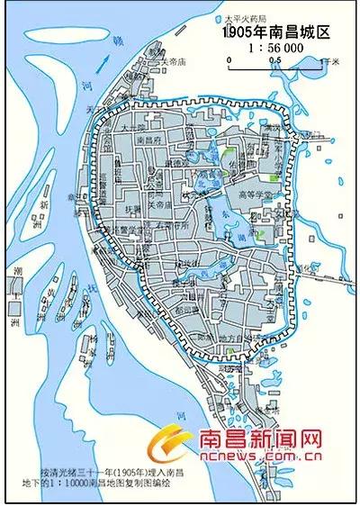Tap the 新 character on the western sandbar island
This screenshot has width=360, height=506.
tap(42, 205)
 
